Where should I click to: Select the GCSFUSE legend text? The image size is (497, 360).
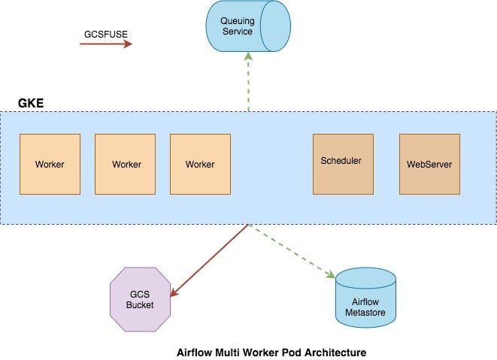[105, 34]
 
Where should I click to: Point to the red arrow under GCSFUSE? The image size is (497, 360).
[105, 44]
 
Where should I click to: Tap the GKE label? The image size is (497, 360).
[29, 102]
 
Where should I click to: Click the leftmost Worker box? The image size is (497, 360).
[50, 164]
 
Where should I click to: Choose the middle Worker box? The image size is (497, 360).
[125, 164]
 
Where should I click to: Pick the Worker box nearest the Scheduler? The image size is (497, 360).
[200, 164]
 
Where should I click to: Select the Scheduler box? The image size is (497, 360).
[342, 161]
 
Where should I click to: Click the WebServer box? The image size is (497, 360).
[429, 164]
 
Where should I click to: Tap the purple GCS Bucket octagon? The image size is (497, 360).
[140, 298]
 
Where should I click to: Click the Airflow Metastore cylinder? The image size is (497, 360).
[365, 299]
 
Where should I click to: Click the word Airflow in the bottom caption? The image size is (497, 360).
[192, 352]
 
